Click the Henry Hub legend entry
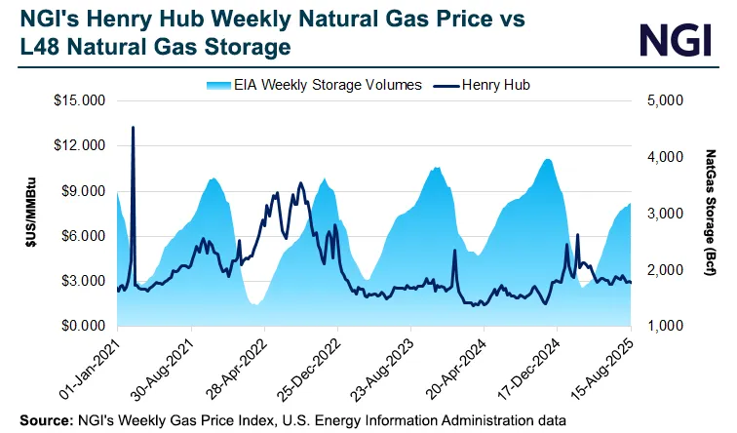point(490,85)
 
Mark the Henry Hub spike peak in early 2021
point(133,128)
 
